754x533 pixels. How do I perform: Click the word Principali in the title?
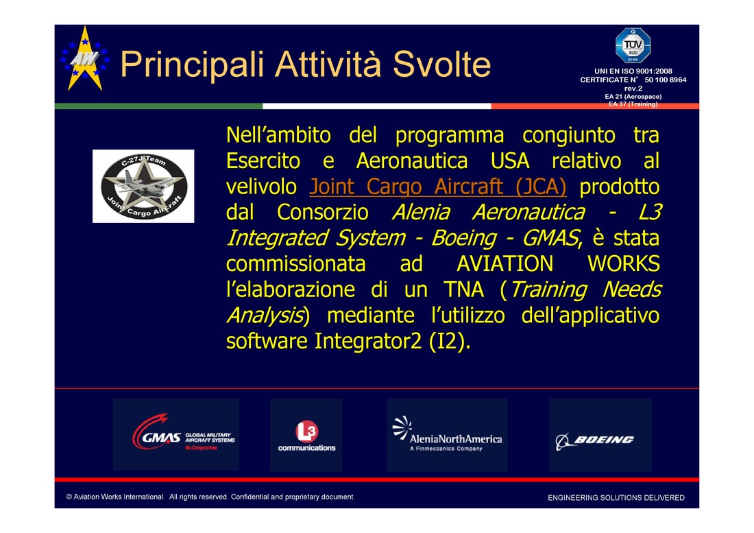point(192,64)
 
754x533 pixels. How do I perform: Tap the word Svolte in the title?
point(441,64)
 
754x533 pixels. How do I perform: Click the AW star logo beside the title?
point(85,58)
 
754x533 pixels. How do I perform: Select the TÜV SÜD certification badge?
point(633,46)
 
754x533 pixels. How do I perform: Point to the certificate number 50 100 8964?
point(665,80)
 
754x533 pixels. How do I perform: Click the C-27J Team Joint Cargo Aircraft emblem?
point(143,186)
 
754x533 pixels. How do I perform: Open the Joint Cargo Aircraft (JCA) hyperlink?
point(437,186)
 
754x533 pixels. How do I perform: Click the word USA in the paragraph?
point(510,161)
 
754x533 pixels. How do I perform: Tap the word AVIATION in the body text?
point(504,263)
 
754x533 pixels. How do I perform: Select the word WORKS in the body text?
point(623,263)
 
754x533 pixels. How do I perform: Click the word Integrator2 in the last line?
point(368,341)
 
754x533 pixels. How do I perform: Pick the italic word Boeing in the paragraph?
point(463,238)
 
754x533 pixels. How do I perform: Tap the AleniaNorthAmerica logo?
point(447,434)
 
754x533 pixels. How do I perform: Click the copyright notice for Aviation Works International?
point(210,497)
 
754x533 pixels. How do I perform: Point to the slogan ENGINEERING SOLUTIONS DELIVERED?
point(616,498)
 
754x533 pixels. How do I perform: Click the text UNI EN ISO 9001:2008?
point(633,71)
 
